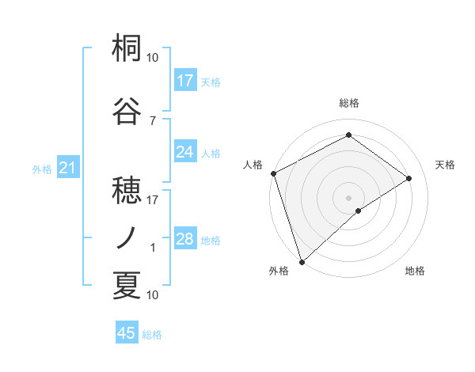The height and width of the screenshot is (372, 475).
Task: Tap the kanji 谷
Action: pos(127,111)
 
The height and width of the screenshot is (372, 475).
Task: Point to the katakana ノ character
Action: pos(127,237)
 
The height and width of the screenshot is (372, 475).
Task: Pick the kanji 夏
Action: pos(127,285)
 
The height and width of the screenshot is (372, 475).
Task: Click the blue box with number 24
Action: pos(185,152)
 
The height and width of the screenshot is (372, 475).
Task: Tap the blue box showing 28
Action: pos(185,239)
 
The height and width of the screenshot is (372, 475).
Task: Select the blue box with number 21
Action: pos(68,168)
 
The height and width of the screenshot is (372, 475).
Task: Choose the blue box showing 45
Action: pos(127,333)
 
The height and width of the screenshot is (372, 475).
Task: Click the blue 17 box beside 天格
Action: pos(185,81)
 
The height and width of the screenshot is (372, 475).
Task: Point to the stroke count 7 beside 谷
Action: pos(152,120)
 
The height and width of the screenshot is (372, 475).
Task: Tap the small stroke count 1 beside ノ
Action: pos(153,248)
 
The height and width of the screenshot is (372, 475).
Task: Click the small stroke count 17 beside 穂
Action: pos(153,200)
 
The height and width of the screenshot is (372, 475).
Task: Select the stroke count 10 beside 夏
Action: pos(153,295)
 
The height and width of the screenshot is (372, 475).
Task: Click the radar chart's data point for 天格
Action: pos(409,178)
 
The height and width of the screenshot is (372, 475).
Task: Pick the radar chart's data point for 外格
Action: pos(301,261)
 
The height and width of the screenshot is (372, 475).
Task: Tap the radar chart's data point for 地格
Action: pos(359,211)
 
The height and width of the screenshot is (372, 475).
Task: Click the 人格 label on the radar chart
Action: pos(253,165)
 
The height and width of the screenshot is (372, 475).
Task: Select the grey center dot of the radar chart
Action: pos(348,197)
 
